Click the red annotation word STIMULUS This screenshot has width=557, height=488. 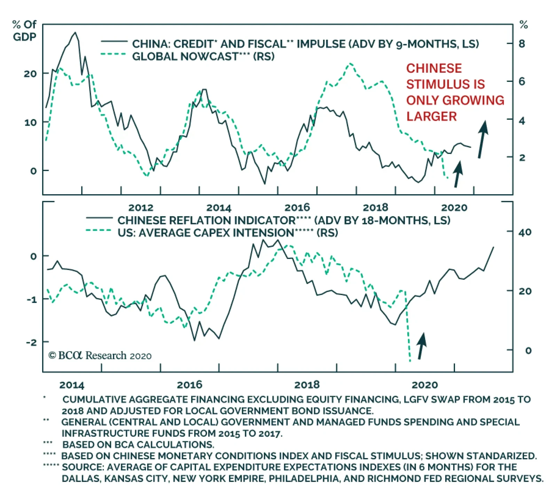(x=445, y=84)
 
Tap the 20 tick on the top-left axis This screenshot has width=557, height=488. (x=30, y=73)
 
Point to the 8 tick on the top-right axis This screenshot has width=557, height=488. (x=521, y=44)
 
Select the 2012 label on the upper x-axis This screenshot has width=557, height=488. (x=141, y=208)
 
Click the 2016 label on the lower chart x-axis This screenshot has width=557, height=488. (x=189, y=385)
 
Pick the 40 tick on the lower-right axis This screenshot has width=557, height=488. (x=525, y=232)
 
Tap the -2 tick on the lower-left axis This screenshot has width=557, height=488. (x=31, y=343)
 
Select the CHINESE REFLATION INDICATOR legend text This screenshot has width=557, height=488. (x=206, y=220)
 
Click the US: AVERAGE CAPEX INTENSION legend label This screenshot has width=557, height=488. (x=206, y=233)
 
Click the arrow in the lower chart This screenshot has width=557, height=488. (x=422, y=346)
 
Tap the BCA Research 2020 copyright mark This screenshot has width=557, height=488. (x=100, y=355)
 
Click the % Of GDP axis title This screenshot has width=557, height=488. (x=24, y=31)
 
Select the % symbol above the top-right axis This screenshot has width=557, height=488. (x=523, y=25)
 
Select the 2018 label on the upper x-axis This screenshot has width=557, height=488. (x=375, y=208)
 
